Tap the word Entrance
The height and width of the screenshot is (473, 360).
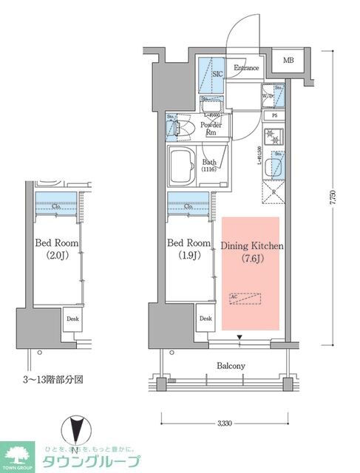tap(246, 69)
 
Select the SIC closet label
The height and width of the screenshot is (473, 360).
tap(217, 74)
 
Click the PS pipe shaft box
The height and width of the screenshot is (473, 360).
tap(274, 115)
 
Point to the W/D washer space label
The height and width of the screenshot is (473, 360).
tap(268, 96)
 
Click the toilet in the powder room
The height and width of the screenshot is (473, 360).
tap(182, 130)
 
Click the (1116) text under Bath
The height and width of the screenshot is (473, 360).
tap(211, 170)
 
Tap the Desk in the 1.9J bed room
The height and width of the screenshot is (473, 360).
tap(205, 319)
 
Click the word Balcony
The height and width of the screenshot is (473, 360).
tap(231, 366)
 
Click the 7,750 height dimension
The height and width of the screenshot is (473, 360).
tap(337, 200)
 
